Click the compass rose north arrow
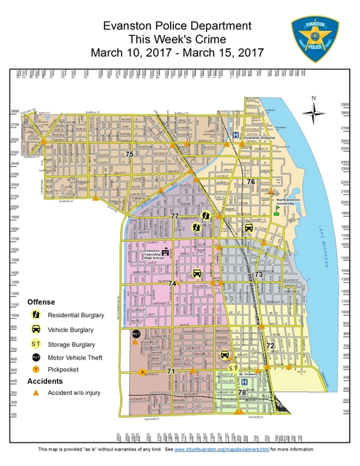coord(315,111)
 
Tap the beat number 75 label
coord(130,154)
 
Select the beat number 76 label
coord(251,182)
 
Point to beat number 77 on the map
coord(175,217)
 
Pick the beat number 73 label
coord(258,274)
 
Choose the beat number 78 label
coord(242,393)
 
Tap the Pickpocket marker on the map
coord(142,372)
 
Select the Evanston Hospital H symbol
coord(235,135)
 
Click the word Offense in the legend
coord(41,302)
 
